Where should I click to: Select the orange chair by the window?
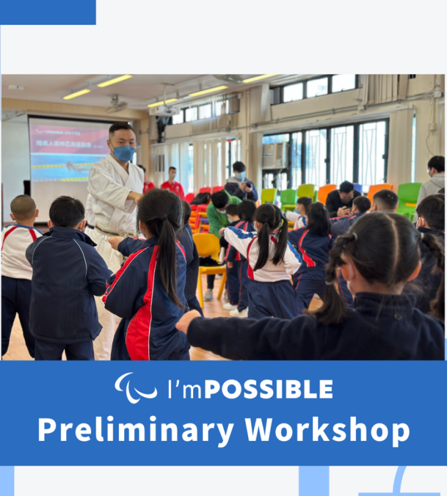pos(325,192)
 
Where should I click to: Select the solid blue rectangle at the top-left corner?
pos(48,12)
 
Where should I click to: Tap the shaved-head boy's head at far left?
pos(23,208)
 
